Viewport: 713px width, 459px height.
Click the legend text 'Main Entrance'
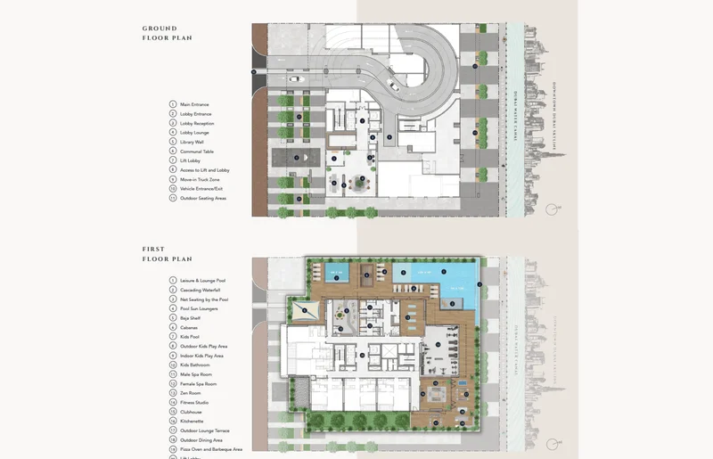195,104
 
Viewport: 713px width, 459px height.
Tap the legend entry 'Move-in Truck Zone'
200,179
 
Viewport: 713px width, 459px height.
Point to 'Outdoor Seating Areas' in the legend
203,198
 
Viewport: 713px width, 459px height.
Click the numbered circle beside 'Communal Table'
173,152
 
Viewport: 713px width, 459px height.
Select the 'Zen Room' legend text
191,393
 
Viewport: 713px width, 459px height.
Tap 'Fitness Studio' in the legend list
194,403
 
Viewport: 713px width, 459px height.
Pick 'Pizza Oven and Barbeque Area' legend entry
211,449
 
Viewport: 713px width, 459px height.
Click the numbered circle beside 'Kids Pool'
173,337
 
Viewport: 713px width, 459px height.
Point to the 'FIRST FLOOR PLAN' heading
167,254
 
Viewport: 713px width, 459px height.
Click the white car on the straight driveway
294,78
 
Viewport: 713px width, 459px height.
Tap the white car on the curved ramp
391,86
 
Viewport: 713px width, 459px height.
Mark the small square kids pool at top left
336,274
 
